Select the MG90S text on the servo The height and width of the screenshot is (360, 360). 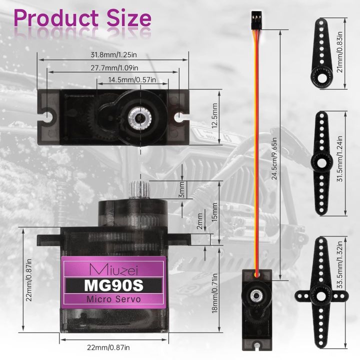click(113, 284)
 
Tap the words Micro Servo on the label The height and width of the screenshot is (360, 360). click(113, 299)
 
